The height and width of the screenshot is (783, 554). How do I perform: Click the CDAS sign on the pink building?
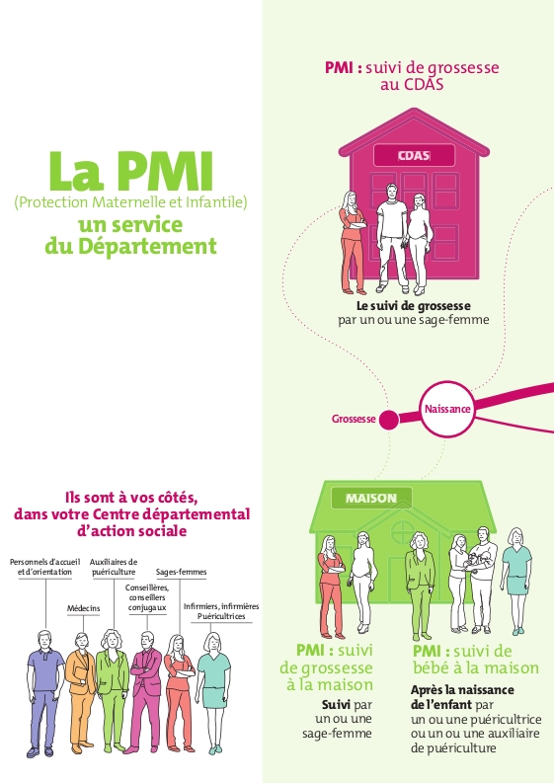click(x=414, y=155)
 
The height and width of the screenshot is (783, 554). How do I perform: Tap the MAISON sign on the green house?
click(x=371, y=498)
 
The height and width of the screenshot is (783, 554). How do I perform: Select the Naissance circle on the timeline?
click(x=446, y=409)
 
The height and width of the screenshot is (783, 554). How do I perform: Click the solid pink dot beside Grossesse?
click(x=389, y=420)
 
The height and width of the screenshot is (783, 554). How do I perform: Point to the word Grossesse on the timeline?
click(x=354, y=419)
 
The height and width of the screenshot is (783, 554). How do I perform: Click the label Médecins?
click(x=83, y=608)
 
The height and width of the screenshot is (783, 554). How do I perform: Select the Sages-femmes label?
click(x=181, y=572)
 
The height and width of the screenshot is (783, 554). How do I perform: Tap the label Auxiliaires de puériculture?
click(x=114, y=567)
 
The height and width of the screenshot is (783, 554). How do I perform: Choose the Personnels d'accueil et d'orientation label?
click(x=45, y=567)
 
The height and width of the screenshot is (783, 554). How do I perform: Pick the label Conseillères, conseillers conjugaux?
click(x=147, y=597)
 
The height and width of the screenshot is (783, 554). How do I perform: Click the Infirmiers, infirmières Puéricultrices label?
click(x=221, y=611)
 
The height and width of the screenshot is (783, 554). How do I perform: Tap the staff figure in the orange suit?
click(x=81, y=692)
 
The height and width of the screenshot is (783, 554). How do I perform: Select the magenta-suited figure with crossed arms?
click(x=145, y=692)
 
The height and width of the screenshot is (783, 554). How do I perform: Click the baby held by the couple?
click(x=474, y=561)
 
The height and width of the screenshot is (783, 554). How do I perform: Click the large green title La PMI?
click(x=131, y=171)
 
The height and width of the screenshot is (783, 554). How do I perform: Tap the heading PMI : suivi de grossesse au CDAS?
click(x=412, y=75)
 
